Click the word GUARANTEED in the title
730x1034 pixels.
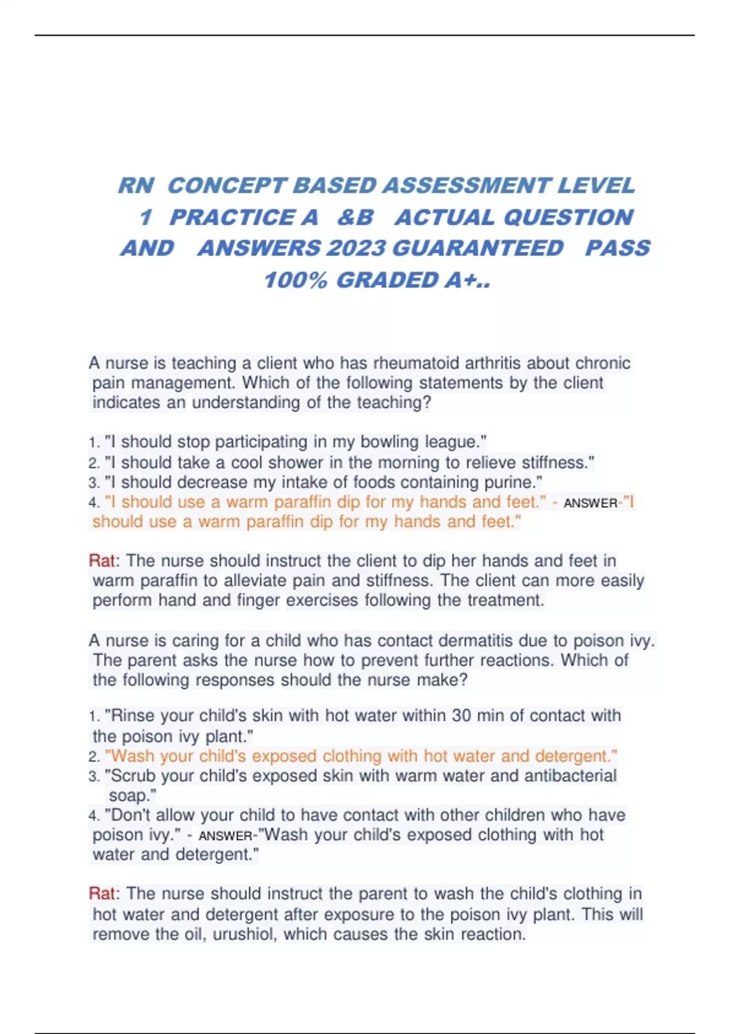tap(478, 248)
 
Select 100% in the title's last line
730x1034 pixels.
tap(296, 280)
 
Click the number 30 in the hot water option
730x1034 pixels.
tap(461, 715)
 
